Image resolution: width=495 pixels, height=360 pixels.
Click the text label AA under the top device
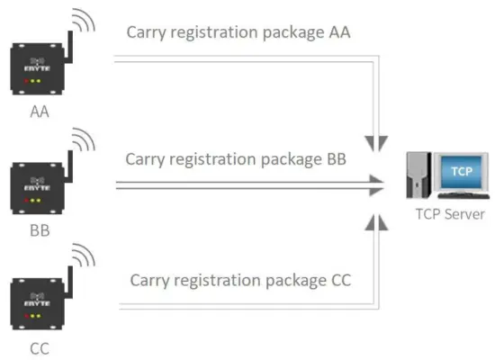[x=39, y=112]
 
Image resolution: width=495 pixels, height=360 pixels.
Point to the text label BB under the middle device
[x=39, y=230]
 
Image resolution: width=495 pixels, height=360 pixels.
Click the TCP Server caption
[x=450, y=214]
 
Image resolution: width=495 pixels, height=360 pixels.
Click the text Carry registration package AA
[x=238, y=32]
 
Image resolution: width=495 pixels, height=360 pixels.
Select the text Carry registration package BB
[x=237, y=159]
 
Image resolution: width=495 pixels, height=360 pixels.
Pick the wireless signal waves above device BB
[x=84, y=141]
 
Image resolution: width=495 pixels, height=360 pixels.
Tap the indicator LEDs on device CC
[x=35, y=318]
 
